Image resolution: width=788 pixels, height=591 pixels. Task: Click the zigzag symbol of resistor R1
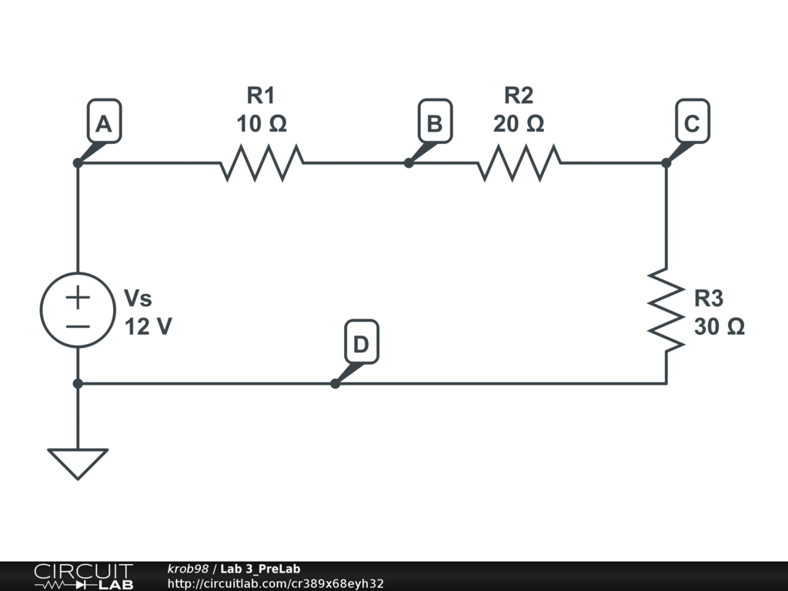(262, 163)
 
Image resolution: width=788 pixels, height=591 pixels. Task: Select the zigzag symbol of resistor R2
(519, 163)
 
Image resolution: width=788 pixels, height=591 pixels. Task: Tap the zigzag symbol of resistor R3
(666, 309)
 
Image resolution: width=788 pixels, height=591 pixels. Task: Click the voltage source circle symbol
(78, 309)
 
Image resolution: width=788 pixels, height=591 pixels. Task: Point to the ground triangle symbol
(78, 464)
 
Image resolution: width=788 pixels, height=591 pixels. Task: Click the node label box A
(105, 121)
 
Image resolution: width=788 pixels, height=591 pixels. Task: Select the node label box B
(436, 121)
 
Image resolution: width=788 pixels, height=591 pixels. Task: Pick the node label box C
(693, 121)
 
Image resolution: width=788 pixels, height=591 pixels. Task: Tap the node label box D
(362, 342)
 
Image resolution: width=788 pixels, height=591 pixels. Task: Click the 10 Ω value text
(262, 124)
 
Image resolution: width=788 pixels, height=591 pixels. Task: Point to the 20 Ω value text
(519, 124)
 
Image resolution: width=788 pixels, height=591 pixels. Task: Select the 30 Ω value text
(720, 326)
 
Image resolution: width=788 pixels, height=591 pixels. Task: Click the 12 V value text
(149, 326)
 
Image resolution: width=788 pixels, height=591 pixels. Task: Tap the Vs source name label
(138, 298)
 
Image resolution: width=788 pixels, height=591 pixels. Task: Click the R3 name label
(709, 298)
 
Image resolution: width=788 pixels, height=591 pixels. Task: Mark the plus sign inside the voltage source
(78, 297)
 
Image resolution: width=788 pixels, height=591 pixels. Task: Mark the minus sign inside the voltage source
(78, 326)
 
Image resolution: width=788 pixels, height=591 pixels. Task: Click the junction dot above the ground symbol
(78, 383)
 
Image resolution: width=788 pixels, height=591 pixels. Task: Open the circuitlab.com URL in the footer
(275, 583)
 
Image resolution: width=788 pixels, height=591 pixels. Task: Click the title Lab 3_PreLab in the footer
(260, 569)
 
